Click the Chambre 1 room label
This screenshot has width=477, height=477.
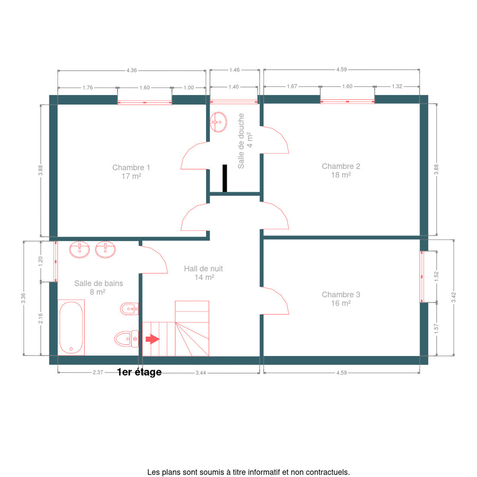point(131,172)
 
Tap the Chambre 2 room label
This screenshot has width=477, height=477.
point(341,171)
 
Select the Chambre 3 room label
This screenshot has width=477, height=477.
point(341,299)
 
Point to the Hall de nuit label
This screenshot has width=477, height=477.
point(203,273)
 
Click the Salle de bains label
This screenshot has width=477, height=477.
point(98,288)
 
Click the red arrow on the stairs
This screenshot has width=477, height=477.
point(152,339)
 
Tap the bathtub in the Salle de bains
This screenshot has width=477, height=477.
point(71,328)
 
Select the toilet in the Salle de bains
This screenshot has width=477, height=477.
point(126,339)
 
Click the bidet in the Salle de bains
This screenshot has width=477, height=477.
point(129,309)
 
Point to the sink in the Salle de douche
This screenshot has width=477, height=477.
point(218,122)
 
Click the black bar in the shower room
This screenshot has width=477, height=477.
point(225,178)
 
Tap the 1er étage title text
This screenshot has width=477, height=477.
point(139,372)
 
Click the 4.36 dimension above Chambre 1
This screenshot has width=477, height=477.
point(132,70)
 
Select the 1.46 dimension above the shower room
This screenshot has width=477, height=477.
point(235,70)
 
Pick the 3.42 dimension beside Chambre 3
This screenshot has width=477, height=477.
point(453,297)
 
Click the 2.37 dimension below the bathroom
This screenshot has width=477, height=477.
point(98,372)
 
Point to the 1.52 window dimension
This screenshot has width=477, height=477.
point(436,277)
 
